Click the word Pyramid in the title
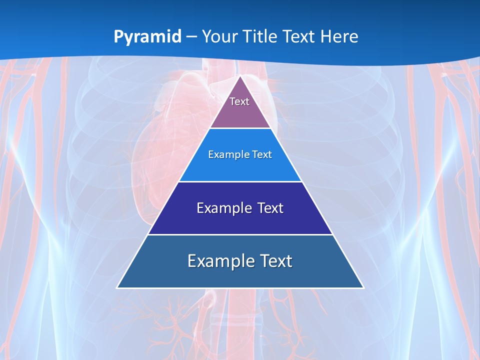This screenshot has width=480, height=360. coord(147,37)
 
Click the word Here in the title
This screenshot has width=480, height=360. coord(339,36)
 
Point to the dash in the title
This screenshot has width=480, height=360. coord(191,37)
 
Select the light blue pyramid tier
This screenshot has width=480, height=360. coord(240,167)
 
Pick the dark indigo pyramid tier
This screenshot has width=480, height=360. coord(240,221)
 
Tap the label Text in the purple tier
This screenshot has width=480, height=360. coord(239,101)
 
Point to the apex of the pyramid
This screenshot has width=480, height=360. coord(240,76)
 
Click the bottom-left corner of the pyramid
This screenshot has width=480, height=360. coord(117,287)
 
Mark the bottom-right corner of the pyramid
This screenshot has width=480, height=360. coord(363,287)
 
